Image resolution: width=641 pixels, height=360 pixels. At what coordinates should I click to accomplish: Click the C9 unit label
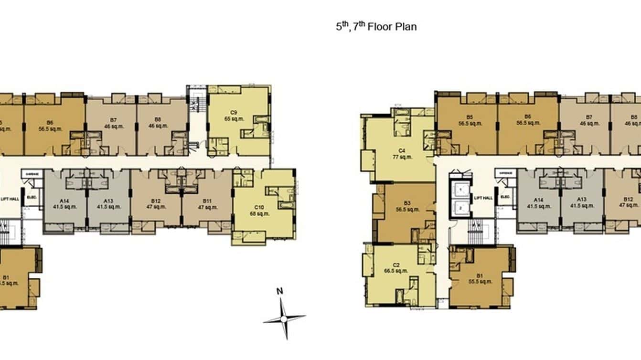[x=234, y=113]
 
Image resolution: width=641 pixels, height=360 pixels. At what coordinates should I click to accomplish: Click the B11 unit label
[x=207, y=201]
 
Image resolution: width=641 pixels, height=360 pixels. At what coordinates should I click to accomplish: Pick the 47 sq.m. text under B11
[x=207, y=207]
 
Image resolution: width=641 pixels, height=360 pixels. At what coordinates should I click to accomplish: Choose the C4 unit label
[x=402, y=151]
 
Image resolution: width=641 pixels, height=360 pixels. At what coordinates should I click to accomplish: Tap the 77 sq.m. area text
[x=402, y=157]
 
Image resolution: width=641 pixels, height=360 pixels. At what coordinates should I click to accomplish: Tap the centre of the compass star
[x=284, y=318]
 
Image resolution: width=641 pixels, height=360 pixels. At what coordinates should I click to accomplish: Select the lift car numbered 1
[x=460, y=190]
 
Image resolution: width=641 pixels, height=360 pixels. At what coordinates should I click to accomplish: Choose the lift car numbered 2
[x=460, y=208]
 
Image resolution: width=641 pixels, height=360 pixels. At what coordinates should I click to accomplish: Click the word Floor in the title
[x=380, y=27]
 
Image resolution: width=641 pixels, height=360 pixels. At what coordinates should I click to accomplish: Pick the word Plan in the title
[x=406, y=27]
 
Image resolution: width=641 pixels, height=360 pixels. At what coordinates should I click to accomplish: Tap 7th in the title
[x=358, y=26]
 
